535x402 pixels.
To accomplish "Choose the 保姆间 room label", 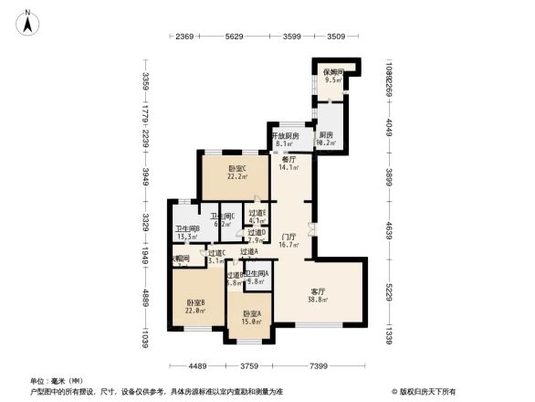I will pyautogui.click(x=332, y=72).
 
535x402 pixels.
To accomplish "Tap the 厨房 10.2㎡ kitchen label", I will pyautogui.click(x=326, y=136).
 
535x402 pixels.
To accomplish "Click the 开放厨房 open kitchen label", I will pyautogui.click(x=285, y=136).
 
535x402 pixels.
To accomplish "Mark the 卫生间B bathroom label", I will pyautogui.click(x=188, y=228).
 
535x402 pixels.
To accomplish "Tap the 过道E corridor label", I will pyautogui.click(x=257, y=214).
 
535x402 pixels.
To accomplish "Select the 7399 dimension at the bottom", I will pyautogui.click(x=319, y=367).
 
